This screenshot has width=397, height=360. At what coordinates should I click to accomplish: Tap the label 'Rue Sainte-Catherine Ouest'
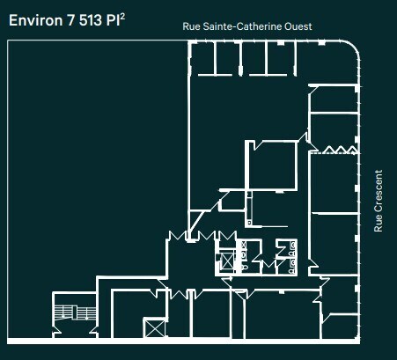(x=246, y=27)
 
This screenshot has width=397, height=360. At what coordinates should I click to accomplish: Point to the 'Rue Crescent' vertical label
(x=379, y=201)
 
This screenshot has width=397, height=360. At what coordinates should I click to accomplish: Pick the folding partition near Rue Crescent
(x=334, y=151)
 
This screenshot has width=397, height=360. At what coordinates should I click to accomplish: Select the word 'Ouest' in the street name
(x=298, y=27)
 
